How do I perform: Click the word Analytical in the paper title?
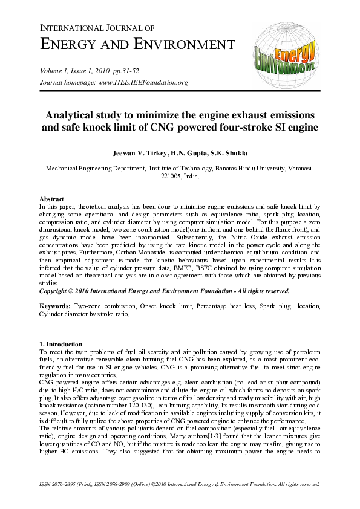point(74,115)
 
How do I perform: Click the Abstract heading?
point(52,199)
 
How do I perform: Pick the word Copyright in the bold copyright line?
point(56,290)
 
